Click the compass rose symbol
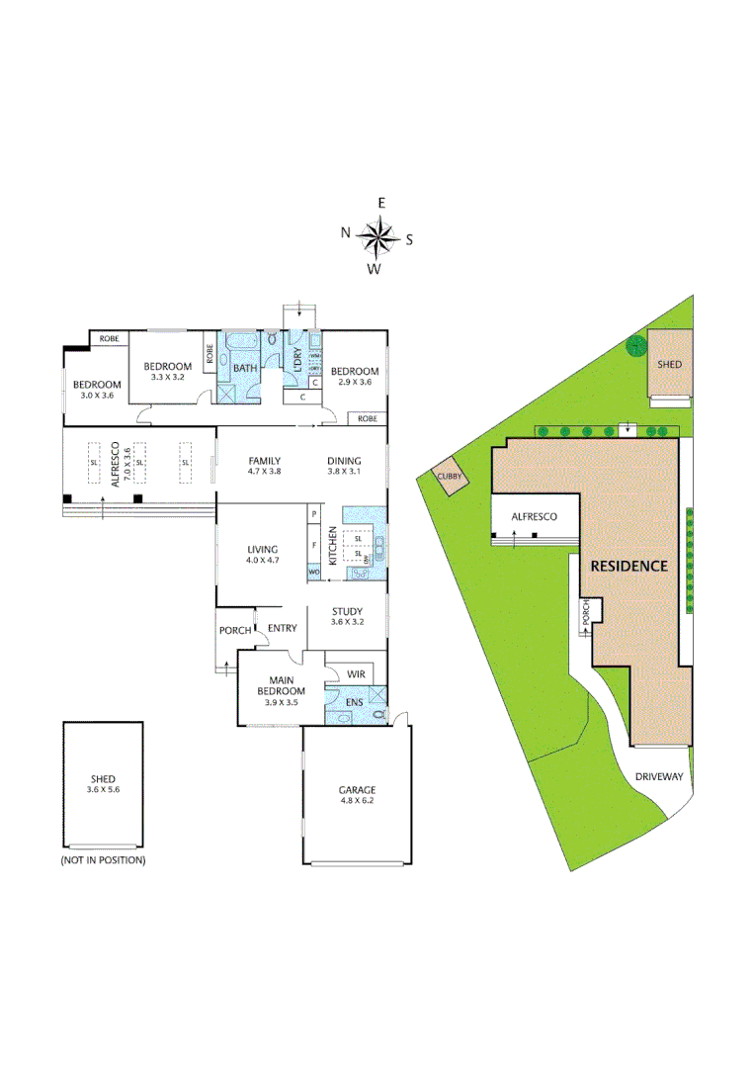click(377, 237)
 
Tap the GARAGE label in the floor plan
click(356, 790)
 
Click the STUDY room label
click(346, 610)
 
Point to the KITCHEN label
click(333, 546)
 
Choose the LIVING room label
click(263, 550)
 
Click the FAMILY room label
click(265, 461)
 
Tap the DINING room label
click(344, 461)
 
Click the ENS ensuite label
click(353, 703)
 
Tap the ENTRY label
click(282, 628)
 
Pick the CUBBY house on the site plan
click(450, 475)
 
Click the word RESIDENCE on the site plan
click(628, 567)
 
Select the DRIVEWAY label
click(659, 777)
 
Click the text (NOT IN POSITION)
click(103, 860)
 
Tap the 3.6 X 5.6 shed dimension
click(103, 791)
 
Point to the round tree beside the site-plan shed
click(634, 346)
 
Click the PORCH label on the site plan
click(585, 613)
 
